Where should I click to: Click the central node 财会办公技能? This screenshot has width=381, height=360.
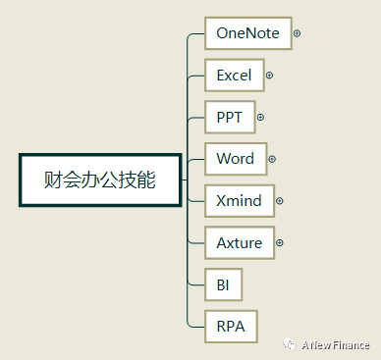pos(100,180)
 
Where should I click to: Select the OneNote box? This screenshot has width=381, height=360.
pos(247,33)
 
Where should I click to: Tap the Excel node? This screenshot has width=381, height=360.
pos(234,75)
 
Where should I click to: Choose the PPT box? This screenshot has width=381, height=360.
pos(229,117)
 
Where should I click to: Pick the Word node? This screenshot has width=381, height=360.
pos(235,158)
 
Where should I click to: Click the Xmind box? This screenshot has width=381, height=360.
pos(239,200)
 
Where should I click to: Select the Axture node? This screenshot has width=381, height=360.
pos(239,241)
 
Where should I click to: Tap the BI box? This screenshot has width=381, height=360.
pos(223,283)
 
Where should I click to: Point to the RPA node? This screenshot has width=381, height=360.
pos(230,325)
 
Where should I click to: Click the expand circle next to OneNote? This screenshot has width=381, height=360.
pos(297,33)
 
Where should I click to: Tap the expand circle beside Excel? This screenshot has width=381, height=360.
pos(269,75)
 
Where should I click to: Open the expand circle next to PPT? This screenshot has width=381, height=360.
pos(260,117)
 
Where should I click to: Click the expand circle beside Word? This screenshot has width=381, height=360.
pos(271,158)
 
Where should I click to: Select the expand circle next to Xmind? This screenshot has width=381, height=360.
pos(279,200)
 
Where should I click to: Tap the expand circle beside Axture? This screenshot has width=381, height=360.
pos(279,241)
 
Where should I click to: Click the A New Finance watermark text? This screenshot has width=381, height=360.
pos(336,344)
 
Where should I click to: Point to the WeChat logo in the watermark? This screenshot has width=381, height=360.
pos(290,344)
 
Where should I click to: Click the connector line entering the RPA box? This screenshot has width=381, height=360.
pos(196,325)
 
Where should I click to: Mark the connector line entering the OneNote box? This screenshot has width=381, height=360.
pos(196,33)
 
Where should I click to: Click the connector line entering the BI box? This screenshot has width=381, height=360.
pos(196,283)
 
